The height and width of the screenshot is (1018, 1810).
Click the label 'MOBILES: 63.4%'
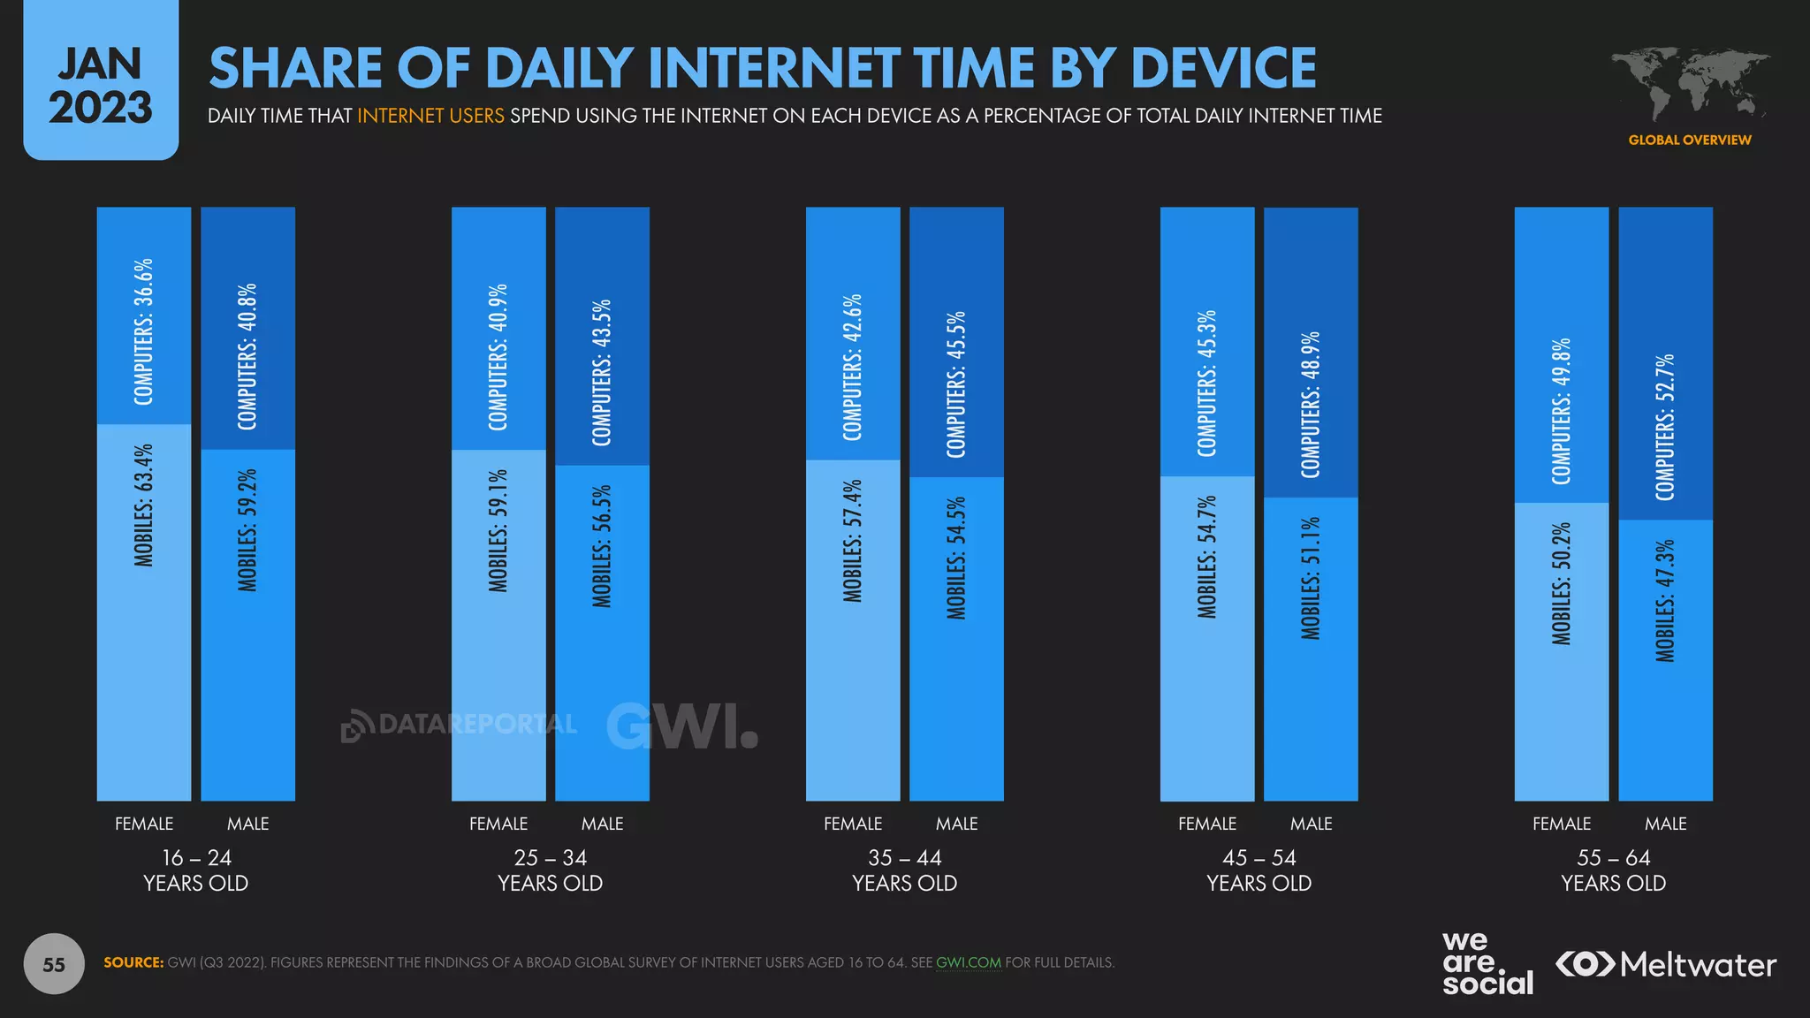[x=144, y=505]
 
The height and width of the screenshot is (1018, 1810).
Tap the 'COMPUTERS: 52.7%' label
[x=1665, y=428]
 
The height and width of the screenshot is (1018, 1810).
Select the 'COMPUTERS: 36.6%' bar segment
[x=144, y=315]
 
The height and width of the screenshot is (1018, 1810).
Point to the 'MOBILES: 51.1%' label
[x=1311, y=578]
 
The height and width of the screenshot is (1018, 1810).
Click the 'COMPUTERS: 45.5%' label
[x=956, y=384]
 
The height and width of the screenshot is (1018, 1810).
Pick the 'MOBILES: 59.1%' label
[x=498, y=530]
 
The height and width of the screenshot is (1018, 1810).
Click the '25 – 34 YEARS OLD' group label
[x=550, y=870]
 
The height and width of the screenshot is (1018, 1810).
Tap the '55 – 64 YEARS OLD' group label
[x=1613, y=870]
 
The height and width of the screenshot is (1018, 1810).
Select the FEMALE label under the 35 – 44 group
[x=853, y=824]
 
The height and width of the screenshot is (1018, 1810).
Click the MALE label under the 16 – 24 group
[x=247, y=824]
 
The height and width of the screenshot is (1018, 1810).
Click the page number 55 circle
[x=54, y=964]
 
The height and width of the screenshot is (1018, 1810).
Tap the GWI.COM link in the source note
[x=969, y=962]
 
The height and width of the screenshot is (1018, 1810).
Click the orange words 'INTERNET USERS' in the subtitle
[x=430, y=116]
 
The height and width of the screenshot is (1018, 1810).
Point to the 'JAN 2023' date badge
[x=101, y=84]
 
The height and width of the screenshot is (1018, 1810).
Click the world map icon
[x=1689, y=84]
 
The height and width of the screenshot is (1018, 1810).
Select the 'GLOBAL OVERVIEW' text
[x=1689, y=140]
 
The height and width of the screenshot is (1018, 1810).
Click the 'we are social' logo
[x=1487, y=964]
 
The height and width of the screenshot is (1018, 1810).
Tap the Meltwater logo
[x=1666, y=964]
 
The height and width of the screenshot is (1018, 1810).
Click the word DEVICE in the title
[x=1223, y=68]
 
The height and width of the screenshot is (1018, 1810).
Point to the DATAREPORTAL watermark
[x=460, y=725]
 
